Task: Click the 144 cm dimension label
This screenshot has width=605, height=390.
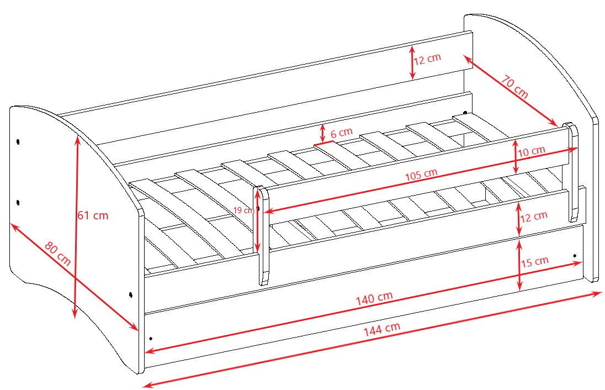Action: pyautogui.click(x=382, y=329)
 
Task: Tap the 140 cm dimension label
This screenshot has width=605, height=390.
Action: pyautogui.click(x=374, y=298)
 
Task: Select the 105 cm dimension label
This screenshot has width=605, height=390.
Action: pyautogui.click(x=421, y=175)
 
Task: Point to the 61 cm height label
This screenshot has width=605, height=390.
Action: pyautogui.click(x=93, y=215)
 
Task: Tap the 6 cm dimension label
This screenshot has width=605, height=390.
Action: pyautogui.click(x=342, y=133)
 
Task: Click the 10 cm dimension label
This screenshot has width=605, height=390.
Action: pyautogui.click(x=531, y=151)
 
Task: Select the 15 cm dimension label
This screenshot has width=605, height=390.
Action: pyautogui.click(x=535, y=262)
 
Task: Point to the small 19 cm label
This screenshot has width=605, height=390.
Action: pyautogui.click(x=244, y=210)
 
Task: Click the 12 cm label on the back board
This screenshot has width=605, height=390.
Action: pyautogui.click(x=427, y=59)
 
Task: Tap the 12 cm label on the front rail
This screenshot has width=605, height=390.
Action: pyautogui.click(x=534, y=217)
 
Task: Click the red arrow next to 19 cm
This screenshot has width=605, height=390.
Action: pyautogui.click(x=257, y=220)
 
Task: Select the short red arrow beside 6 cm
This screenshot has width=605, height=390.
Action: pyautogui.click(x=322, y=134)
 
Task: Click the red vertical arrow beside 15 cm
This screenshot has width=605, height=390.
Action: pyautogui.click(x=520, y=265)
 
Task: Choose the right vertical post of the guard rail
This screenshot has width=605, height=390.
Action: pyautogui.click(x=573, y=172)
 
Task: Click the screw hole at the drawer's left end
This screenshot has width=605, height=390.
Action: pyautogui.click(x=151, y=339)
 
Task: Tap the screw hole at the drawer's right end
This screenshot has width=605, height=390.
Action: pyautogui.click(x=575, y=256)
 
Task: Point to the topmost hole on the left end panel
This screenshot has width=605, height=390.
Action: pyautogui.click(x=18, y=142)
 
